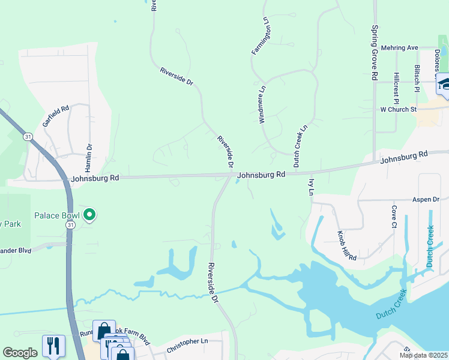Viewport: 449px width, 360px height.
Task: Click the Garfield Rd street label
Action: (56, 115)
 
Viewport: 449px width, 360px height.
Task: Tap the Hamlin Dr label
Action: (89, 155)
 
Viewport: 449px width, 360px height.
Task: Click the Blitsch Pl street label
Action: (417, 78)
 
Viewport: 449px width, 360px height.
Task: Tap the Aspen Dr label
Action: (426, 199)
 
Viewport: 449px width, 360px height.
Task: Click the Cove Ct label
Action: (394, 217)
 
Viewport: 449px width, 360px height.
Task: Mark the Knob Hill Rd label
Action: (347, 245)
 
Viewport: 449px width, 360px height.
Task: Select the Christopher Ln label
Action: (187, 341)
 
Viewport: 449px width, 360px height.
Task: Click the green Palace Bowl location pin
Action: (89, 214)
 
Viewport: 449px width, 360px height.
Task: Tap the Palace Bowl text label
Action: (58, 215)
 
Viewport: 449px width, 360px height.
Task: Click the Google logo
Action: (20, 353)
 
